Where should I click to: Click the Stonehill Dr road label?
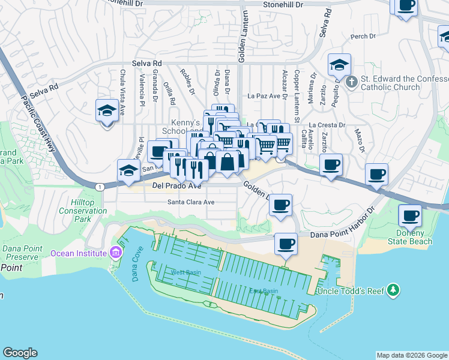287,4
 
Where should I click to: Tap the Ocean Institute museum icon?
116,253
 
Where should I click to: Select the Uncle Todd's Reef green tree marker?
393,290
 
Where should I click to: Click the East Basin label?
264,291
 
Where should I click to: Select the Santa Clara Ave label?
191,202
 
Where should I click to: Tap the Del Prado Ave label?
176,186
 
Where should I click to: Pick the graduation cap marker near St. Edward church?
339,65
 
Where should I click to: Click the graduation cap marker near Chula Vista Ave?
107,111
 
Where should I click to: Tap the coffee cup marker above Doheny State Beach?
411,215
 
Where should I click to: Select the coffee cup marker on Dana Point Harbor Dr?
286,244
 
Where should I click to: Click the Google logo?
20,353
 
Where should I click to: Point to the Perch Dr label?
363,37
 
